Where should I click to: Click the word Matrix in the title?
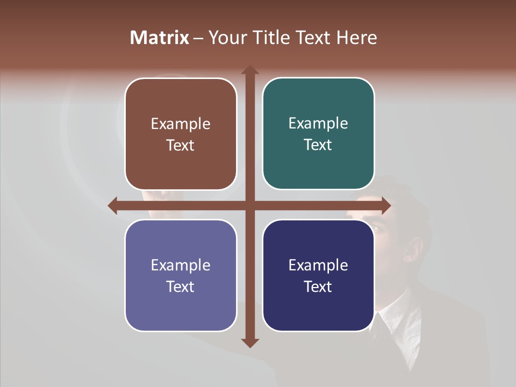pos(159,38)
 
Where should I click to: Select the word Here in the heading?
pos(357,38)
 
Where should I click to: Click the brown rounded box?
pos(181,134)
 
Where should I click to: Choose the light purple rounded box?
pos(181,275)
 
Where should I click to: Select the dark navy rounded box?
pos(318,275)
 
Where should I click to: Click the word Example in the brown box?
pos(181,124)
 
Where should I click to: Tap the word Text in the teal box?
pos(318,145)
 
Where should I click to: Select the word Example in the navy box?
pos(318,266)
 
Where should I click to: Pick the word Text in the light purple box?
pos(181,287)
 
